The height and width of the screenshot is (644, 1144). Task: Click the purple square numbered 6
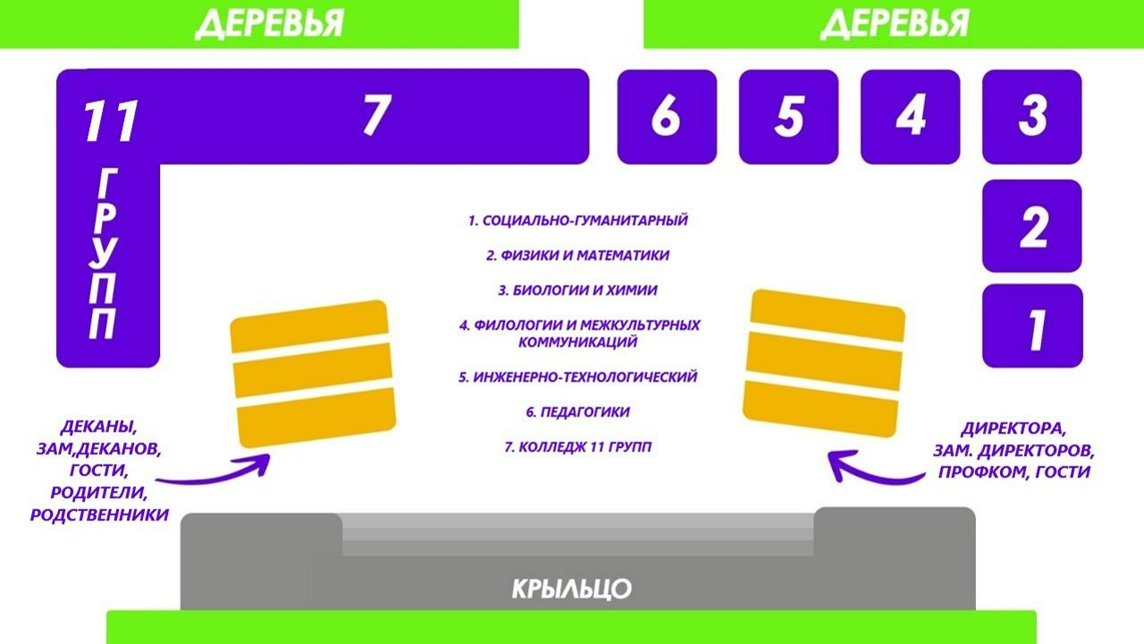click(x=667, y=117)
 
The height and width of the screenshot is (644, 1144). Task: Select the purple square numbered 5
click(x=788, y=117)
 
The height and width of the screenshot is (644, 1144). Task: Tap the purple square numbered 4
click(x=911, y=117)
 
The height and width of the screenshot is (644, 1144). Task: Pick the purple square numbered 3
click(x=1032, y=117)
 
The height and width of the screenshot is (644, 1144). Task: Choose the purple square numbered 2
click(x=1032, y=226)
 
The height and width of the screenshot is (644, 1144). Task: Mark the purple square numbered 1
click(x=1032, y=326)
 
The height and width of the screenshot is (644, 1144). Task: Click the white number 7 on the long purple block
click(x=377, y=114)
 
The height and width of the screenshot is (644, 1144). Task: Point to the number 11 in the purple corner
click(x=111, y=121)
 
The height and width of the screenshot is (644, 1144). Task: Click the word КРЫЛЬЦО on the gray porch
click(x=571, y=589)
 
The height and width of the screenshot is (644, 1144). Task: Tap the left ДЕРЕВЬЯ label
click(x=270, y=23)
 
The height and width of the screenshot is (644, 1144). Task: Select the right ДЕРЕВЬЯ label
click(x=895, y=23)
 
